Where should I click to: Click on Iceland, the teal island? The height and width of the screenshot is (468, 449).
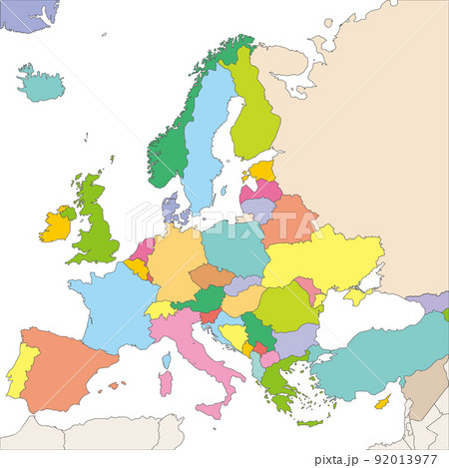coord(41,86)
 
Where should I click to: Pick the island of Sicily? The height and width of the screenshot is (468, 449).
coord(211,408)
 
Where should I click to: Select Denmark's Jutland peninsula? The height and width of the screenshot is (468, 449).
coord(171,210)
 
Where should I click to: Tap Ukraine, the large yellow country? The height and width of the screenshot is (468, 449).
coord(319,258)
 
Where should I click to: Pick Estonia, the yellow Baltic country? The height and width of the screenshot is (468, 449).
coord(261,171)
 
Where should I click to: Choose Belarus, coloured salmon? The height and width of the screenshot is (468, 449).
coord(288,219)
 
